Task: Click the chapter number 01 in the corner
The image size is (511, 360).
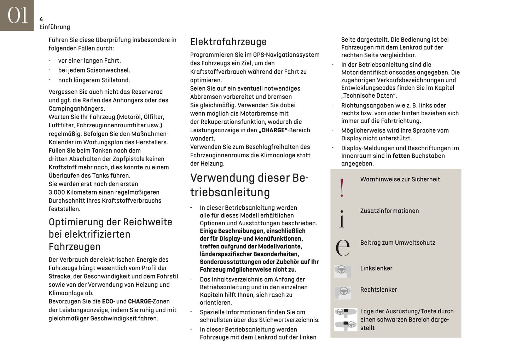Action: click(17, 16)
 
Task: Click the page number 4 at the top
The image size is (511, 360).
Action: click(41, 19)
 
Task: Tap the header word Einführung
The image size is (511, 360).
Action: click(54, 27)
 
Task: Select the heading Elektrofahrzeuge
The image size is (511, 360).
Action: click(228, 42)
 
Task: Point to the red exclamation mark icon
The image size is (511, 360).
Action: click(342, 187)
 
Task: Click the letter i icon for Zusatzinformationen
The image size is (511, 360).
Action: click(342, 219)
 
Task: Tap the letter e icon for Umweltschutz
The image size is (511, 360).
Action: click(342, 247)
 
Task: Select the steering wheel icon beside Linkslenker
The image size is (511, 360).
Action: click(342, 271)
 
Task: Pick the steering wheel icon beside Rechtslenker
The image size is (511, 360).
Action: click(342, 292)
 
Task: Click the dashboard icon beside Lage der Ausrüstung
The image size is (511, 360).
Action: click(345, 319)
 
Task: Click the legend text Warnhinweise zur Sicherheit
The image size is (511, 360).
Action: click(400, 179)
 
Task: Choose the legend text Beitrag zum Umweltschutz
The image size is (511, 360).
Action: click(397, 243)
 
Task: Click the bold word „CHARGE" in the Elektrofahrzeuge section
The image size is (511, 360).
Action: click(273, 130)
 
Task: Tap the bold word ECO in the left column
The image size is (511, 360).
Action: click(108, 302)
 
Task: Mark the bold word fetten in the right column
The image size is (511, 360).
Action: click(401, 156)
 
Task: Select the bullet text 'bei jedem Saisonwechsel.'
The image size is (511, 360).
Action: click(94, 70)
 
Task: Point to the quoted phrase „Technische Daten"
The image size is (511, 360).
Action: click(369, 95)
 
